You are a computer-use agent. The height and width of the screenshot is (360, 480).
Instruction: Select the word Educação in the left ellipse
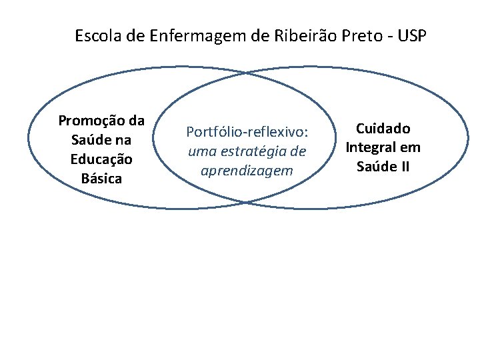[101, 159]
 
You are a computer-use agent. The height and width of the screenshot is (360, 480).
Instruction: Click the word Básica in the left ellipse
[101, 179]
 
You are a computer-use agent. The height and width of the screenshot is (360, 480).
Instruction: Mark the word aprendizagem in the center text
[247, 171]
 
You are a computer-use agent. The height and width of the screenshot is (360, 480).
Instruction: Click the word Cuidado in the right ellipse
[383, 128]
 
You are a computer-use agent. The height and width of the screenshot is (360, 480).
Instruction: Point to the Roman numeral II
[403, 167]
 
